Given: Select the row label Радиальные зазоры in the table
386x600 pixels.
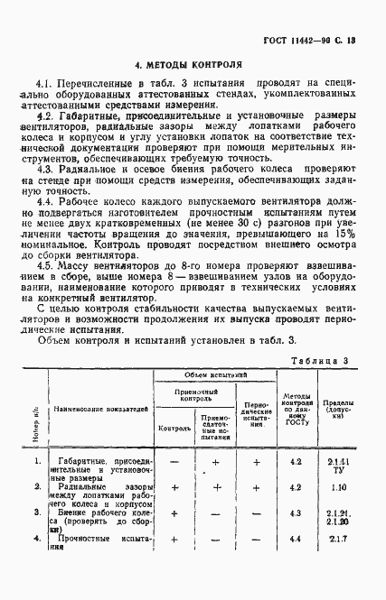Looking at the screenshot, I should tap(95, 488).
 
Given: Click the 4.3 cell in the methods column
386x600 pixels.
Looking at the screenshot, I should tap(295, 513).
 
